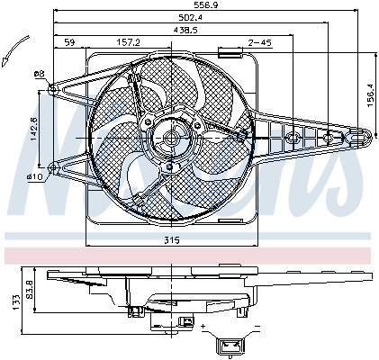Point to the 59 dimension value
click(69, 42)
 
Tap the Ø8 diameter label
click(40, 74)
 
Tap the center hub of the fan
click(171, 139)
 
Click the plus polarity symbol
click(204, 325)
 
